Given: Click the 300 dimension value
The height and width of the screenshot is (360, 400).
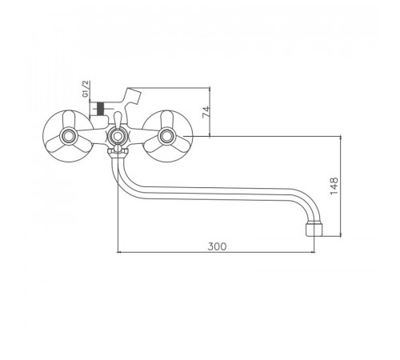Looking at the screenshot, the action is point(217,246).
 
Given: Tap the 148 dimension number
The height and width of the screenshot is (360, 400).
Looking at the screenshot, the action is point(334,186).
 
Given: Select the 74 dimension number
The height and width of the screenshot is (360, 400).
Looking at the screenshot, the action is point(206,112).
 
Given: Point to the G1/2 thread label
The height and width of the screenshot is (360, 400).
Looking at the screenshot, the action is point(86,89).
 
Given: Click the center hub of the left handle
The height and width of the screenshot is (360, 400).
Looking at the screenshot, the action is point(69,136).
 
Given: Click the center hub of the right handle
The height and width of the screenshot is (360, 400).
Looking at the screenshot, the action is point(166,136).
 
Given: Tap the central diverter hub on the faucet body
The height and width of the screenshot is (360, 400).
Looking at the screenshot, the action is point(117,136).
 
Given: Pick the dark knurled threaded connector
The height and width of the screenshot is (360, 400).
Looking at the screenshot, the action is point(100,109).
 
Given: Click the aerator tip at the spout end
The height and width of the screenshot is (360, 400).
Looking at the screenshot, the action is point(314,230).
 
